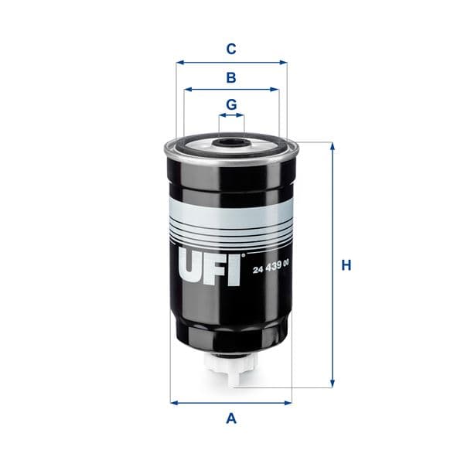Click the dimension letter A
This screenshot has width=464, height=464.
click(230, 419)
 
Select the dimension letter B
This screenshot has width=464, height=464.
click(230, 77)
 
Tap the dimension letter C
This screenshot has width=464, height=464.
click(230, 49)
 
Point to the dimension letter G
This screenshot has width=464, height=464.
click(230, 104)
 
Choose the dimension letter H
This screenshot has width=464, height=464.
click(347, 265)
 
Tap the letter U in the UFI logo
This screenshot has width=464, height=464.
click(193, 268)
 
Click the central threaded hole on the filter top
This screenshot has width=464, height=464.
click(230, 142)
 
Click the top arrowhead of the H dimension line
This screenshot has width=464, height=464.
click(333, 146)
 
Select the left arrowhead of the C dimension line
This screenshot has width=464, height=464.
click(179, 63)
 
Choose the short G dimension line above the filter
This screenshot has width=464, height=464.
click(230, 116)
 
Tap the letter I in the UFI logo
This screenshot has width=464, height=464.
click(237, 268)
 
